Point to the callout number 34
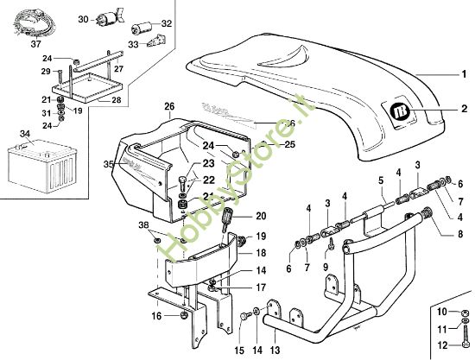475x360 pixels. point(25,134)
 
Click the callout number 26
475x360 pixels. point(169,107)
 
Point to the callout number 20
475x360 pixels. point(261,215)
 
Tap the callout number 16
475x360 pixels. point(157,317)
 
